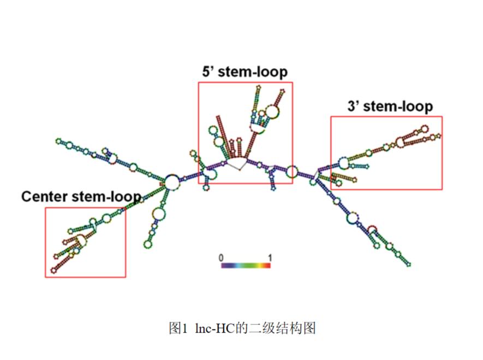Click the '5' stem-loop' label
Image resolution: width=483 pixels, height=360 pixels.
click(x=245, y=72)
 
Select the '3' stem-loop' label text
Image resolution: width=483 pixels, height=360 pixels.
click(x=390, y=106)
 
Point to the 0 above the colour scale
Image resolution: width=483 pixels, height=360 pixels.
click(x=221, y=256)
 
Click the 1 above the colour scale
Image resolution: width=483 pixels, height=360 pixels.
click(x=269, y=256)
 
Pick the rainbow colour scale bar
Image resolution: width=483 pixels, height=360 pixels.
click(x=245, y=265)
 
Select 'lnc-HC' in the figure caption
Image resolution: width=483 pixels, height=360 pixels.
click(x=216, y=328)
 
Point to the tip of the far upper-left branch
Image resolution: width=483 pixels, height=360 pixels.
click(x=58, y=141)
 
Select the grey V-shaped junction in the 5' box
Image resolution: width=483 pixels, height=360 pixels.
click(x=237, y=163)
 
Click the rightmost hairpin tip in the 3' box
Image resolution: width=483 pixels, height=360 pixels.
click(x=438, y=135)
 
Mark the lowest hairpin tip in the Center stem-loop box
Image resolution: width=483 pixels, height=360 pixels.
click(x=53, y=270)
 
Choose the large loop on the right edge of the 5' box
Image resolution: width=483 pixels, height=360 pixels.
click(x=291, y=172)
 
